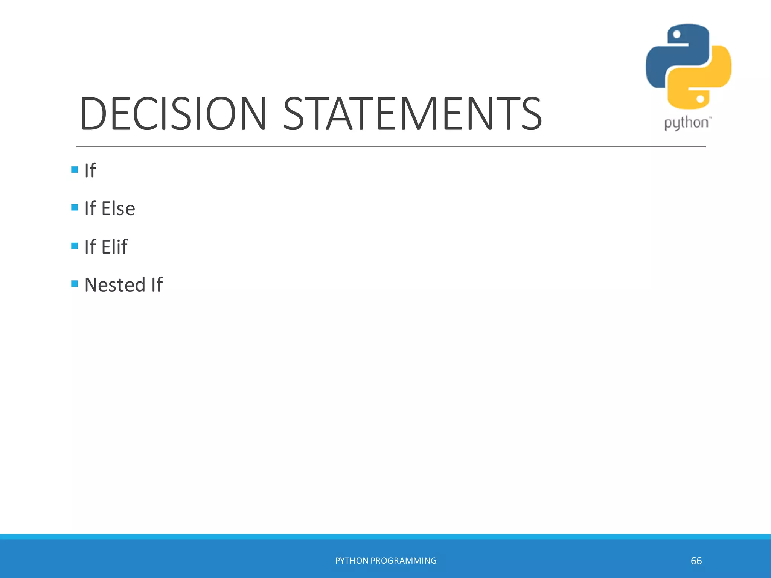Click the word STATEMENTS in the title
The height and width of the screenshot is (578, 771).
[x=412, y=114]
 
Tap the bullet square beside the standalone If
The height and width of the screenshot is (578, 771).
[x=75, y=169]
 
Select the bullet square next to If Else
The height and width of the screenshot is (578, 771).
[x=75, y=207]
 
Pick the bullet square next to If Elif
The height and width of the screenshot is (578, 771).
[x=75, y=246]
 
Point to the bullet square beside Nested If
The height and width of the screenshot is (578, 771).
[x=75, y=283]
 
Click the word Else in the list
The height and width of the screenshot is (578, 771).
[x=118, y=208]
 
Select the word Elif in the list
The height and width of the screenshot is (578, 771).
[x=114, y=247]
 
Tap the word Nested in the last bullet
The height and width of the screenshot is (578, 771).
[x=115, y=285]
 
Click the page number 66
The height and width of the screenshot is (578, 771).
[x=696, y=561]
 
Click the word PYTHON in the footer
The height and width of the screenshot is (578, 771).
[x=352, y=561]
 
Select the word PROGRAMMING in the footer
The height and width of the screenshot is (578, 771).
[x=404, y=561]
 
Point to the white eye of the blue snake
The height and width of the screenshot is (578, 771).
[x=677, y=35]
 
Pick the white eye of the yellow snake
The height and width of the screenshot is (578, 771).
[x=700, y=99]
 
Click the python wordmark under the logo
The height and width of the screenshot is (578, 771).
[x=686, y=123]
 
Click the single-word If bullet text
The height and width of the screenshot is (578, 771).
[x=90, y=170]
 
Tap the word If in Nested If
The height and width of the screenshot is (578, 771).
[x=157, y=285]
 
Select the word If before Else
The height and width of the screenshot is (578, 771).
[x=90, y=208]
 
